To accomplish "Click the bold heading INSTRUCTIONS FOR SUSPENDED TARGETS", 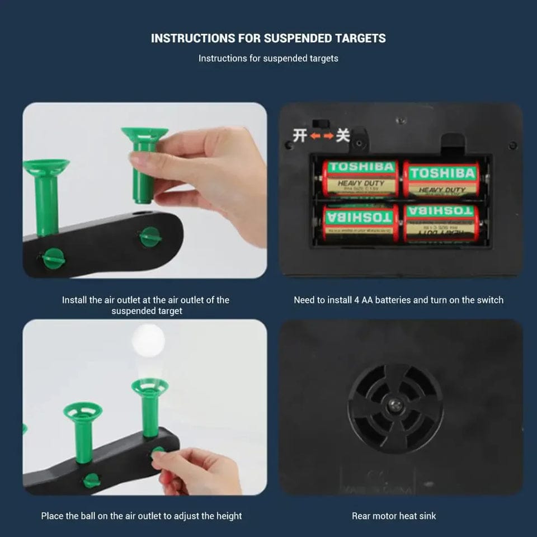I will (x=268, y=39).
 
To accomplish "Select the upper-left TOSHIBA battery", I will (x=361, y=178).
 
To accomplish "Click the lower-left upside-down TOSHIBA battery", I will (x=361, y=222).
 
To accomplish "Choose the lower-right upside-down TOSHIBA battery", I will (x=441, y=222).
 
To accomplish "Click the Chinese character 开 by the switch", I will (x=300, y=135).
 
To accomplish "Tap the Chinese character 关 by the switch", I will (x=343, y=135).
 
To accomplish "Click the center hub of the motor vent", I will (x=395, y=407).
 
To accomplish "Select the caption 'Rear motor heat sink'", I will (x=394, y=516).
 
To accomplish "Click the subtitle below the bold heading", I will (x=268, y=58).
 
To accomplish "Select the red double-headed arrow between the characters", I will (x=321, y=136).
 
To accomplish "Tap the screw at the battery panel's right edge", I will (x=512, y=145).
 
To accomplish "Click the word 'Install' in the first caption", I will (x=74, y=300).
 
